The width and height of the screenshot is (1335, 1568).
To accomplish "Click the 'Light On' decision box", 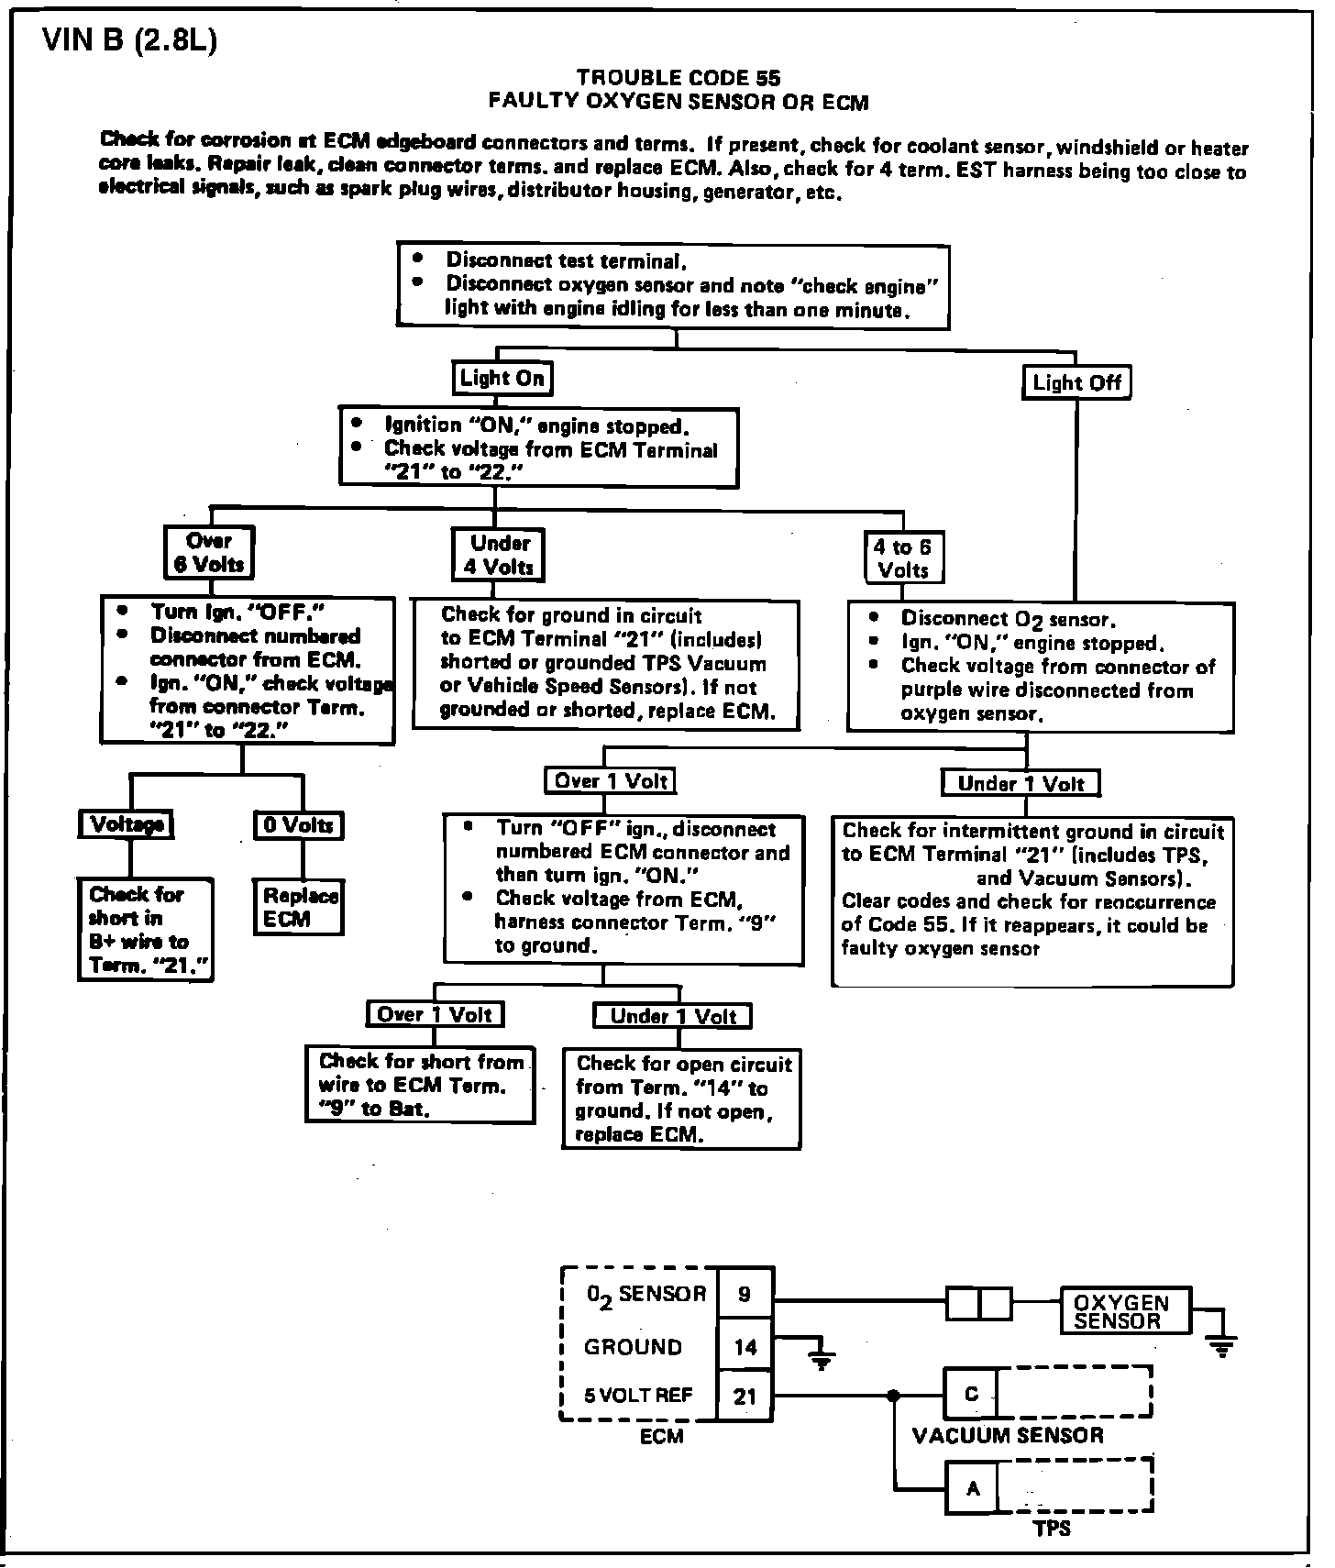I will tap(502, 378).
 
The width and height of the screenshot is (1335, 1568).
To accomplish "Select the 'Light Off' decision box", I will tap(1076, 382).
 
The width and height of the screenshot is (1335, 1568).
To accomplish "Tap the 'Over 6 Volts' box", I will tap(209, 552).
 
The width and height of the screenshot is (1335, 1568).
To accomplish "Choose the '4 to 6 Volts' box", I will tap(902, 558).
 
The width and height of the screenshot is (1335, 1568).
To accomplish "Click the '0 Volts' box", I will tap(298, 825).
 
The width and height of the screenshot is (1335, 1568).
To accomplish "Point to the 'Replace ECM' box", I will tap(299, 908).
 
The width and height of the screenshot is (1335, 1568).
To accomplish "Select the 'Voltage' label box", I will tap(127, 824).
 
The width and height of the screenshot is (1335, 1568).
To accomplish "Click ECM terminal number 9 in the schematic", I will tap(745, 1294).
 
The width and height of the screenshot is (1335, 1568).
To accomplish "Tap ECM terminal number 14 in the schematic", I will tap(745, 1346).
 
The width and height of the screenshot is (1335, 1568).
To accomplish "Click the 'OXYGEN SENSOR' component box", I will tap(1126, 1311).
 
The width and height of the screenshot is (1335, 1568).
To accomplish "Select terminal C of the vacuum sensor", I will tap(971, 1394).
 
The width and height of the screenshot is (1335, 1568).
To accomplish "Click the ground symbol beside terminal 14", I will tap(822, 1360).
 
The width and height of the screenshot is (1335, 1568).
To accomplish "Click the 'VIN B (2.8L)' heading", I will tap(130, 42).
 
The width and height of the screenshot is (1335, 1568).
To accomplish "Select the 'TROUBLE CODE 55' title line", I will tap(679, 78).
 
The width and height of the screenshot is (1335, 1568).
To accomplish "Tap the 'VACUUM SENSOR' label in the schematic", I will tap(1008, 1436).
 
